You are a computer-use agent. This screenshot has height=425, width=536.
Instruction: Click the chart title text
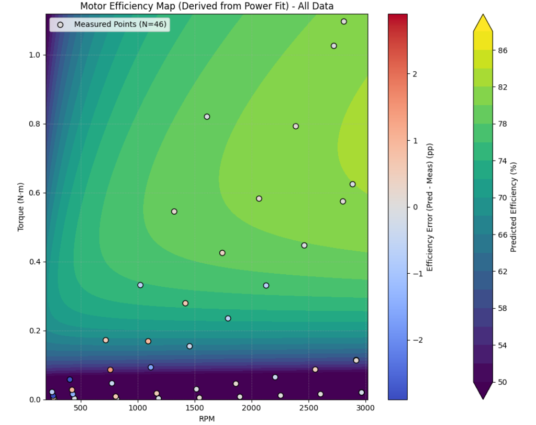(x=207, y=6)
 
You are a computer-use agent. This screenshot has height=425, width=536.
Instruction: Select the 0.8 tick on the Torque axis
(x=34, y=124)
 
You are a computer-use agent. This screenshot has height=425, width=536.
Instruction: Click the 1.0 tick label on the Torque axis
(x=34, y=55)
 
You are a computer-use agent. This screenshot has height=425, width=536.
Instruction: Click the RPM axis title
(x=206, y=418)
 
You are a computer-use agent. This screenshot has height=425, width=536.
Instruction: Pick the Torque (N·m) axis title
(x=21, y=206)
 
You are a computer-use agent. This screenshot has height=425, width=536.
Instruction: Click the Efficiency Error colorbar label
(x=430, y=206)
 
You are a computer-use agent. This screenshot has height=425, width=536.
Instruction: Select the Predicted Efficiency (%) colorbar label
(x=513, y=206)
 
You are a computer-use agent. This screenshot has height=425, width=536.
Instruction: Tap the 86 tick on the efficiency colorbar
(x=502, y=50)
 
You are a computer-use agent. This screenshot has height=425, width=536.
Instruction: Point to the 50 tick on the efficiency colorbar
(x=502, y=382)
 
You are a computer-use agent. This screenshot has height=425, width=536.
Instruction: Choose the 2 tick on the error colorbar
(x=414, y=74)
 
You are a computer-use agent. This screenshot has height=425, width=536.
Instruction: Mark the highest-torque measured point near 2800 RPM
(x=344, y=21)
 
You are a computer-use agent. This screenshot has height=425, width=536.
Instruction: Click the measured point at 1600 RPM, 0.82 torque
(x=207, y=117)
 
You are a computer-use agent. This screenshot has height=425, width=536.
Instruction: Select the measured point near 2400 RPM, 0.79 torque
(x=296, y=126)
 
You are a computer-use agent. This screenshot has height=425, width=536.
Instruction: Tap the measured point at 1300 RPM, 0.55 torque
(x=174, y=211)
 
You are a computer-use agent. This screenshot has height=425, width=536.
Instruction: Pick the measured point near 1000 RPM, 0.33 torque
(x=140, y=285)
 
